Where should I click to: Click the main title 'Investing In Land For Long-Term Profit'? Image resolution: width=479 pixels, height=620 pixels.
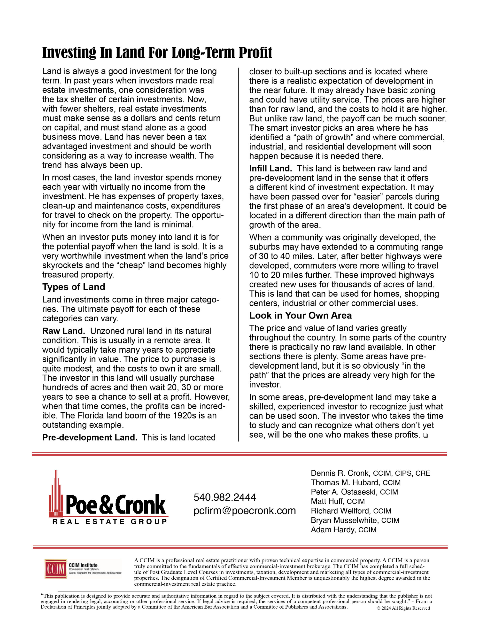157,53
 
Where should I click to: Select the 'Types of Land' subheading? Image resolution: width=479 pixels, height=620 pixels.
74,287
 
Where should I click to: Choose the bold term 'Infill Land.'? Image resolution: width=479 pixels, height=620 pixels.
270,169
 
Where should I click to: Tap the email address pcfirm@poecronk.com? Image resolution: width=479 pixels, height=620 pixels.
245,511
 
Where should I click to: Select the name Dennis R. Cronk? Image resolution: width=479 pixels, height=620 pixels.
340,473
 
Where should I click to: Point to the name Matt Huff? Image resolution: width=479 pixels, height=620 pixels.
327,501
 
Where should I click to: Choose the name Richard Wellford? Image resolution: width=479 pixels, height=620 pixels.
340,511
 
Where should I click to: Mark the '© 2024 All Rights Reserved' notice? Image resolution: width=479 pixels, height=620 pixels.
403,608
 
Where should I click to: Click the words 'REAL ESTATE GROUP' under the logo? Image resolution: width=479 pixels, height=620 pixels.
110,522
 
